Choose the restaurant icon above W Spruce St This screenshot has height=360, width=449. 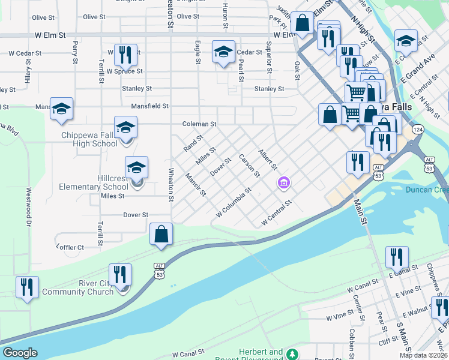click(x=125, y=55)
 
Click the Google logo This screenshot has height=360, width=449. click(x=20, y=353)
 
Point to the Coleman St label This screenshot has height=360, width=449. click(x=199, y=124)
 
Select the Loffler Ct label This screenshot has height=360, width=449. click(x=70, y=247)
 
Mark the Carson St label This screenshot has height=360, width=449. click(x=249, y=166)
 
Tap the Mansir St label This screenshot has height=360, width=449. click(x=196, y=185)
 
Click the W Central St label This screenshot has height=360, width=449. click(x=276, y=214)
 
